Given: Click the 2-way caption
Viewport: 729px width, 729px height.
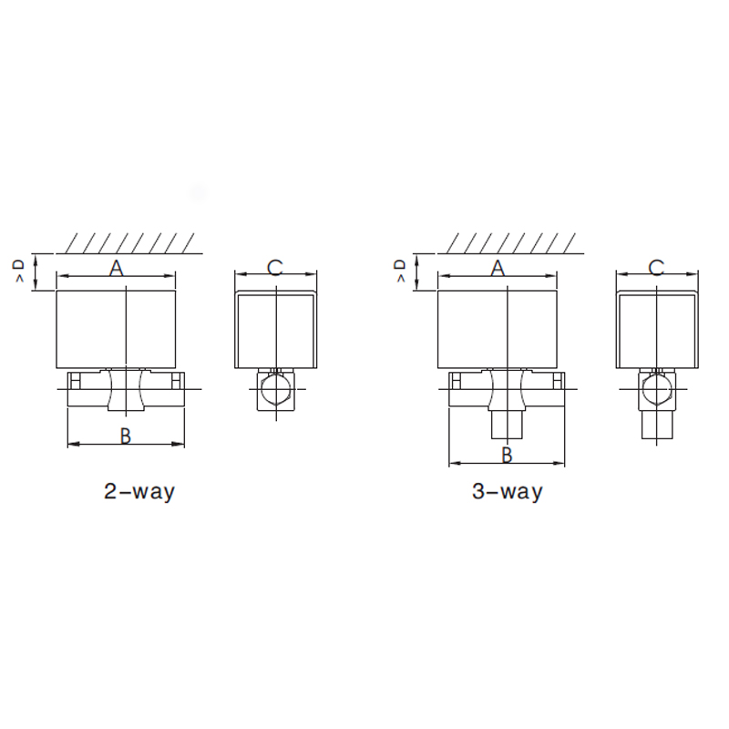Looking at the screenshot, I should (x=139, y=492).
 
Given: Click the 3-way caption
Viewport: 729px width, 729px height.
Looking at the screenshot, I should (x=507, y=492).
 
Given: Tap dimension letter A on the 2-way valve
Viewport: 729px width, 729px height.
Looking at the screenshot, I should (x=117, y=268).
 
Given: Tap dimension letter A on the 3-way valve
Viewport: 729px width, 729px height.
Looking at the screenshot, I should (x=498, y=268).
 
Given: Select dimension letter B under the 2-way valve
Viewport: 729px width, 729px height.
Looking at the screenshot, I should (x=126, y=436).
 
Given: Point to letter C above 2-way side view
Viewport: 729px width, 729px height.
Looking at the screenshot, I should (x=275, y=267).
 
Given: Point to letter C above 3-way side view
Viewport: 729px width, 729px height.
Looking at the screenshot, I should (x=656, y=267).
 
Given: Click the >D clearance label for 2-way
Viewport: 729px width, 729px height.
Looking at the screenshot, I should (x=19, y=271).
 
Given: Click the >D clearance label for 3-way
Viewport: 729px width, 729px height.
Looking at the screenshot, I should (x=400, y=271).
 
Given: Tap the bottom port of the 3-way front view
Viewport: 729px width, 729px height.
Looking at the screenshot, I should (x=507, y=423).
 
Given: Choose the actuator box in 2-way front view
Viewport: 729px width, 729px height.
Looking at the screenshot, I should (x=116, y=329).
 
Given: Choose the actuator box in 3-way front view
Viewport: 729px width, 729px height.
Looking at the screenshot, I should (x=498, y=329).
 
